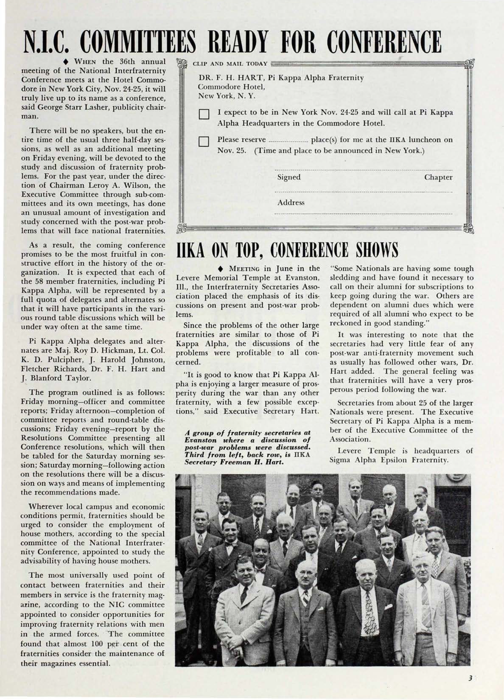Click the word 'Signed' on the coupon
pos(289,177)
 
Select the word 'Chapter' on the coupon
pos(438,177)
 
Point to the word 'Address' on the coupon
pos(291,203)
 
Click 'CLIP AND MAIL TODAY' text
pos(230,64)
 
